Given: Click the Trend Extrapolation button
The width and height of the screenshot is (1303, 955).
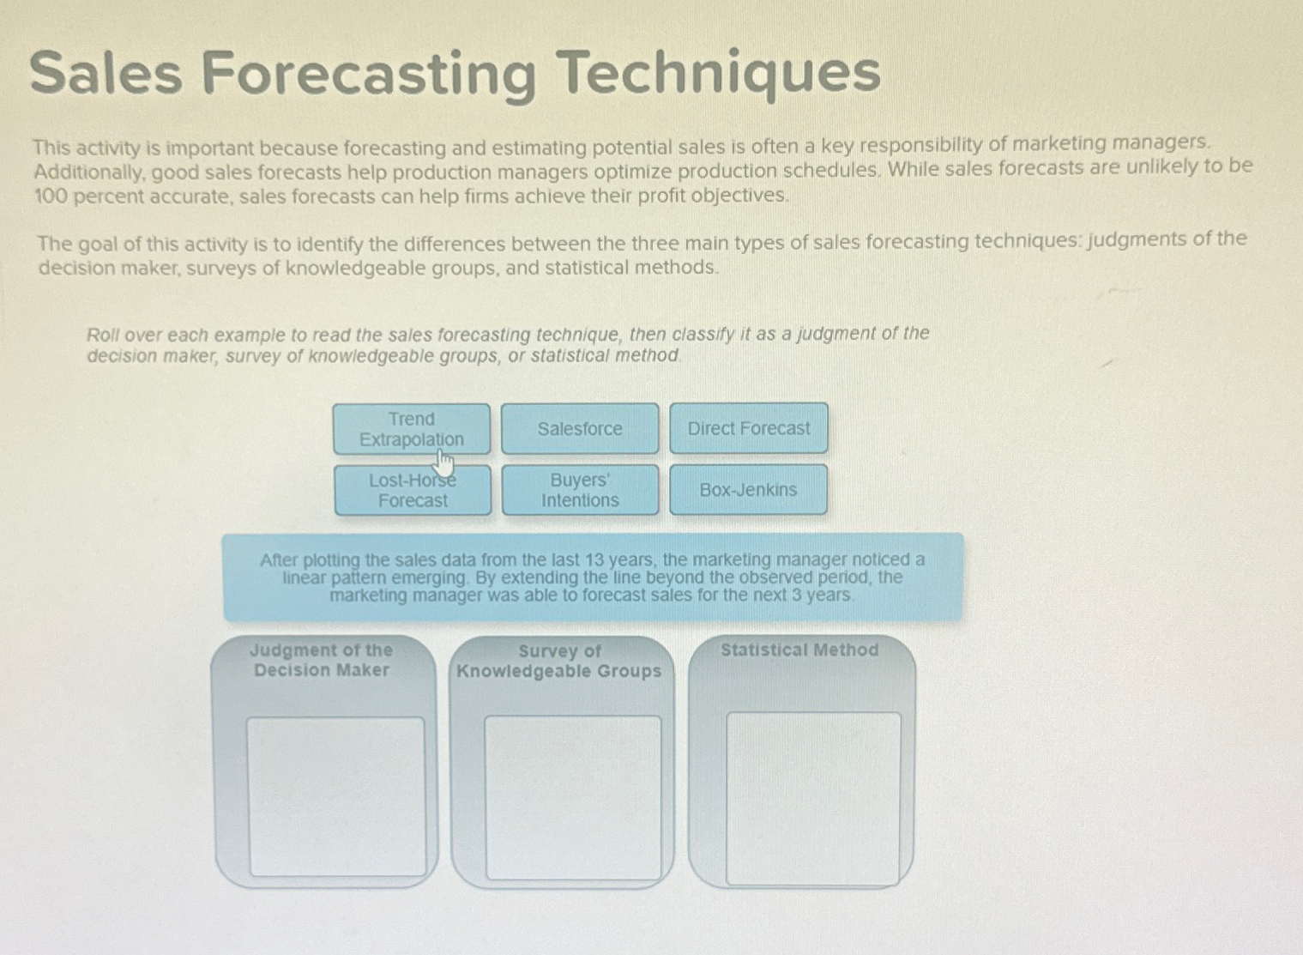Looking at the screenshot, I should (x=411, y=428).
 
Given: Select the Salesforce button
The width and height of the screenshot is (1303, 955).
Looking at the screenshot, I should (x=580, y=428).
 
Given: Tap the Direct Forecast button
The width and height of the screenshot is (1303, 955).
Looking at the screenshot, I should (x=748, y=428).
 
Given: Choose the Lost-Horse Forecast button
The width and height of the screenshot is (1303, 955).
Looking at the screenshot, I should (x=413, y=490).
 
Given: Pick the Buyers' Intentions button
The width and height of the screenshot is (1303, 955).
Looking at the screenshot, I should (x=580, y=490).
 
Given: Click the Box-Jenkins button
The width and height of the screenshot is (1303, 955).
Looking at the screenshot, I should (x=748, y=490).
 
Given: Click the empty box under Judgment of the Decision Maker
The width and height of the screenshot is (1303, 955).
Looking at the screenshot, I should (x=336, y=796).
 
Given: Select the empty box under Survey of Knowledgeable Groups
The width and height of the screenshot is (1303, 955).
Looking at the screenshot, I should (x=573, y=797).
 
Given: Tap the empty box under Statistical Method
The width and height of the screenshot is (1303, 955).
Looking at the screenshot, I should (x=813, y=798).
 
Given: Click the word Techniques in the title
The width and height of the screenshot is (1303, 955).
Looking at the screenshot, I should (x=721, y=72).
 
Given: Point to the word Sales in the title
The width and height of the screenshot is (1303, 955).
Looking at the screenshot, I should (x=106, y=72).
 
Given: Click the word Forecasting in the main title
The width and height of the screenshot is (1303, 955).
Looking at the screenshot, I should (x=370, y=74).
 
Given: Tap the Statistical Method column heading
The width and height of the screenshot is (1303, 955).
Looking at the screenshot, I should (x=799, y=650).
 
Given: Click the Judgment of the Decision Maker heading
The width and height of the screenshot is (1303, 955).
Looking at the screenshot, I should (x=322, y=660).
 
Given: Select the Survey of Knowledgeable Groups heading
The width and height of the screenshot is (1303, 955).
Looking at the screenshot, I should (x=559, y=661).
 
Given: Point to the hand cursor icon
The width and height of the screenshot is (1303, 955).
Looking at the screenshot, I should (x=443, y=463).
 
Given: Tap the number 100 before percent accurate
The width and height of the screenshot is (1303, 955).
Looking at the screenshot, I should (x=50, y=196).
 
